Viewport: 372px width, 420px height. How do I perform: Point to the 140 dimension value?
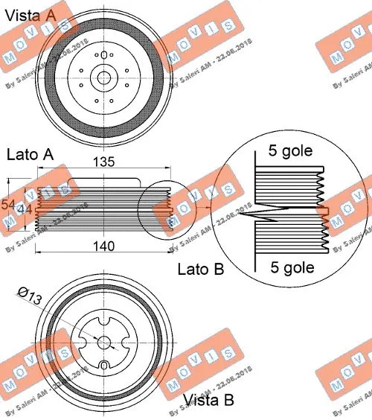click(x=104, y=247)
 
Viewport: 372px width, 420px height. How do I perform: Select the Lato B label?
click(x=200, y=269)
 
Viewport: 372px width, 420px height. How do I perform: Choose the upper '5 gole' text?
click(x=290, y=150)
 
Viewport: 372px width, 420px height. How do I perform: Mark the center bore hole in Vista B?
click(x=104, y=342)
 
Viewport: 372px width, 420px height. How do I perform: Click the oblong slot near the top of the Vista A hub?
click(x=103, y=43)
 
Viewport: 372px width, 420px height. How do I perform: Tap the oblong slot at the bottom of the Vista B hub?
click(x=105, y=366)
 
